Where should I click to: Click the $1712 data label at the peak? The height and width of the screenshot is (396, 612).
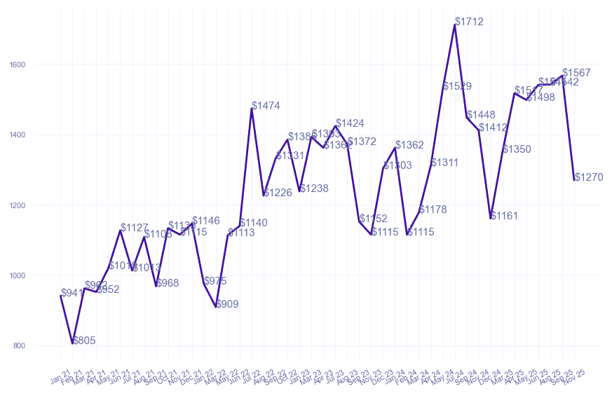click(469, 22)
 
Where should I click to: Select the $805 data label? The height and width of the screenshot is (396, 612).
click(84, 341)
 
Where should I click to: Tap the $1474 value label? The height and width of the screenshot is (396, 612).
click(266, 106)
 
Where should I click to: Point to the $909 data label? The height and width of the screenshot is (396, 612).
click(227, 304)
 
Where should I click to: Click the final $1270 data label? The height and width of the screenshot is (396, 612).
click(589, 177)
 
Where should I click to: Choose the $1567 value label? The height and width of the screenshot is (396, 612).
click(576, 73)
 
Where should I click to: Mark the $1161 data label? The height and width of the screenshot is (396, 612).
click(504, 216)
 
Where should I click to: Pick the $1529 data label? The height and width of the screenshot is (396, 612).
click(457, 86)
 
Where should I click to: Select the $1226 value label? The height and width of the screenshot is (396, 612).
click(278, 193)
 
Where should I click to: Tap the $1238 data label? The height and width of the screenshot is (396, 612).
click(314, 189)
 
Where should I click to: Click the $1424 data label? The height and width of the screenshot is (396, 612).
click(350, 123)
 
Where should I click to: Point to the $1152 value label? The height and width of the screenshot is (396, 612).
click(373, 219)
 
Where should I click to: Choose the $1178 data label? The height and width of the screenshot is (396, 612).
click(433, 210)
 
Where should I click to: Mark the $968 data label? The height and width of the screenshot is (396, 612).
click(168, 283)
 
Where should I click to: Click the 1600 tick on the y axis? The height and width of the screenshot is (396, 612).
click(18, 64)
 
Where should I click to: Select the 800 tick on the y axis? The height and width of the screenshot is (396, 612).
click(19, 346)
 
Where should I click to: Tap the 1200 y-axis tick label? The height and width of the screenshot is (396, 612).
click(18, 205)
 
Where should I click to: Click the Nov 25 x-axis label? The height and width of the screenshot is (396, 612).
click(576, 377)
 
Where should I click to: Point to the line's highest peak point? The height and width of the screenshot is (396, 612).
click(455, 25)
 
